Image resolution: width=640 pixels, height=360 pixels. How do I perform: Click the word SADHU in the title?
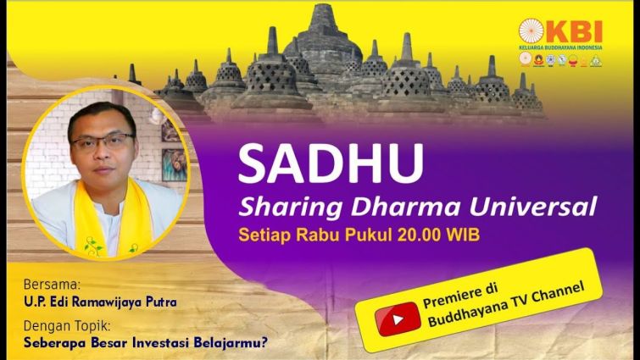(x=331, y=163)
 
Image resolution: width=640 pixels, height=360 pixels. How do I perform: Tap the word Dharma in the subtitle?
(x=408, y=208)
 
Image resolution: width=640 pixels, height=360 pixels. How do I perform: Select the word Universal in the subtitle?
(x=533, y=207)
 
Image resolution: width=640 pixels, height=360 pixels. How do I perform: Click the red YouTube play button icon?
(x=398, y=319)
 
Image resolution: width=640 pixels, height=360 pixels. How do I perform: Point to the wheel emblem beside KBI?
(x=531, y=31)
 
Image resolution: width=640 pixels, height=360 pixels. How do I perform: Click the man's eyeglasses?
(x=103, y=141)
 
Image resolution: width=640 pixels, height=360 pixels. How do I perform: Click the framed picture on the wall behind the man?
(x=175, y=164)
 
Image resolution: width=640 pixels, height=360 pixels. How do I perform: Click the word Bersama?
(x=53, y=284)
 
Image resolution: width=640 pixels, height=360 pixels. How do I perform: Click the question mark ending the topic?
(x=264, y=341)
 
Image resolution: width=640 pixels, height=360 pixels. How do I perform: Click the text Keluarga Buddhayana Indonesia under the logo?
(x=560, y=47)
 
